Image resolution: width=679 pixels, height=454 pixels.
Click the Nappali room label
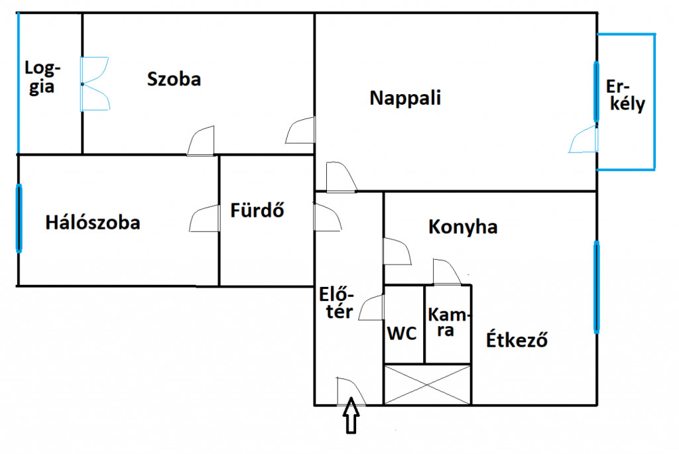click(405, 98)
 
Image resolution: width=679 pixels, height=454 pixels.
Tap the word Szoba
click(174, 79)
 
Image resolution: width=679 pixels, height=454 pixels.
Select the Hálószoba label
click(93, 223)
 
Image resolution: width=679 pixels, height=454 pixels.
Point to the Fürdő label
click(257, 210)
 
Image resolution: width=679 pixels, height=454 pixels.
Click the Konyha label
click(463, 227)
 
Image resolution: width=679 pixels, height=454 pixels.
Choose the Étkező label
click(517, 339)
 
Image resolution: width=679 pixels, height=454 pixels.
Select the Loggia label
click(42, 77)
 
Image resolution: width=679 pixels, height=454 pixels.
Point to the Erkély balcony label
click(626, 95)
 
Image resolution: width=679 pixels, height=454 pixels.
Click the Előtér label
click(336, 302)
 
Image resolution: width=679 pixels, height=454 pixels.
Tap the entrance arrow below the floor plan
click(351, 415)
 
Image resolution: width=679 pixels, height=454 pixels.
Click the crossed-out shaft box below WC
click(427, 384)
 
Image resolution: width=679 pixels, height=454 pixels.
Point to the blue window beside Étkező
click(597, 287)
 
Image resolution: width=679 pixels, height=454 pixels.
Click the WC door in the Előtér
click(371, 308)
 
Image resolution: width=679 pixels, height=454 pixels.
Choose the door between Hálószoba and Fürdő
click(204, 218)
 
